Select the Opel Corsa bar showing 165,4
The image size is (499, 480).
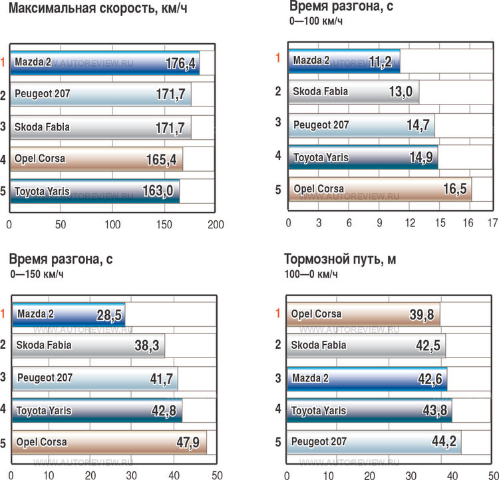tap(96, 159)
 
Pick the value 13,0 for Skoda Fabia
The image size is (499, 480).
tap(393, 93)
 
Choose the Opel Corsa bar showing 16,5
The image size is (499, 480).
tap(380, 189)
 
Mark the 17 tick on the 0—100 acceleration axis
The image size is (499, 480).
tap(492, 222)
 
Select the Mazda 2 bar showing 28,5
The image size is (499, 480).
tap(69, 314)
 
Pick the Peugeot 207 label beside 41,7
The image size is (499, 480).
tap(45, 377)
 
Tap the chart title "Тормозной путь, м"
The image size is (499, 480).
tap(340, 260)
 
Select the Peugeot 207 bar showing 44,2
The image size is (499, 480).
tap(374, 442)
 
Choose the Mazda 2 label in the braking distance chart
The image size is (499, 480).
tap(311, 378)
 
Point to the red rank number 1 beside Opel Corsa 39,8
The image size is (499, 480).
tap(277, 313)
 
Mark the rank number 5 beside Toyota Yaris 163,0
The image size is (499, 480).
tap(3, 192)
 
